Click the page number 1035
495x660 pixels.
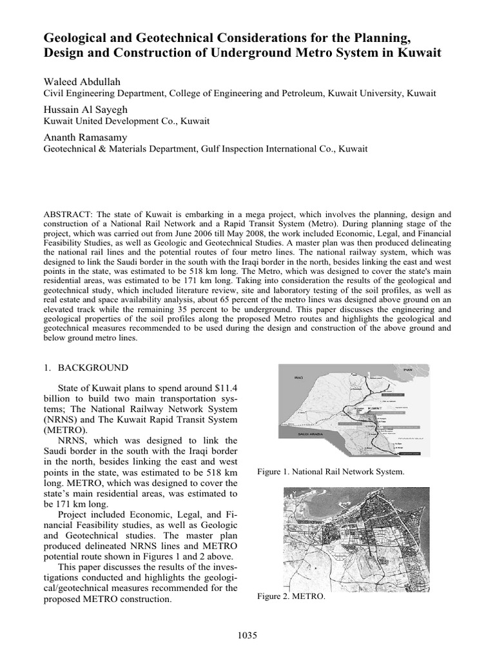pyautogui.click(x=247, y=636)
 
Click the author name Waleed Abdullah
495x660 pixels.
pyautogui.click(x=82, y=81)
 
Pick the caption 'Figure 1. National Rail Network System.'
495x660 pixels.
pyautogui.click(x=331, y=472)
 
